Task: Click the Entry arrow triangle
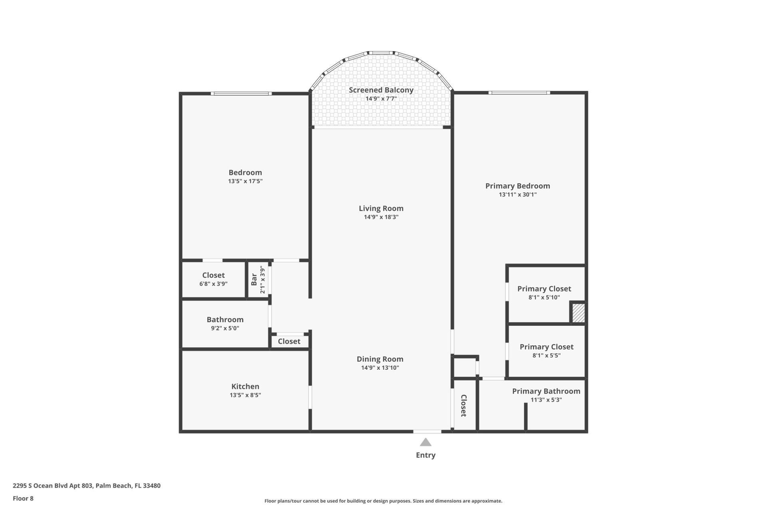[425, 442]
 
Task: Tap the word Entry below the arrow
[425, 455]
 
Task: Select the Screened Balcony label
[381, 90]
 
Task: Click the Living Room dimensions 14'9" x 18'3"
[381, 217]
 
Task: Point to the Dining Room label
[380, 359]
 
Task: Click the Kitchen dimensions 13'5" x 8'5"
[245, 395]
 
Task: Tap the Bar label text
[254, 279]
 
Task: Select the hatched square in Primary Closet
[578, 313]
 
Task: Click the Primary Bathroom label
[546, 391]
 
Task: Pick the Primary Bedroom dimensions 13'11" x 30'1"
[517, 195]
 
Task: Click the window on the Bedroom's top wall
[241, 93]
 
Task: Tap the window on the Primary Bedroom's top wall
[519, 93]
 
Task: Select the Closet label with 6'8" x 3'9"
[213, 275]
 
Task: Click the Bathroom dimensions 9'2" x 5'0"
[225, 329]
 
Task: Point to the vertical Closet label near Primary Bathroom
[464, 406]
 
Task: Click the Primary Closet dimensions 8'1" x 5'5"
[546, 356]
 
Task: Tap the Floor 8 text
[23, 498]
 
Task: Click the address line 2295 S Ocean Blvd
[86, 486]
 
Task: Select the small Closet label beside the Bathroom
[289, 341]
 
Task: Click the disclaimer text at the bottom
[383, 501]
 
